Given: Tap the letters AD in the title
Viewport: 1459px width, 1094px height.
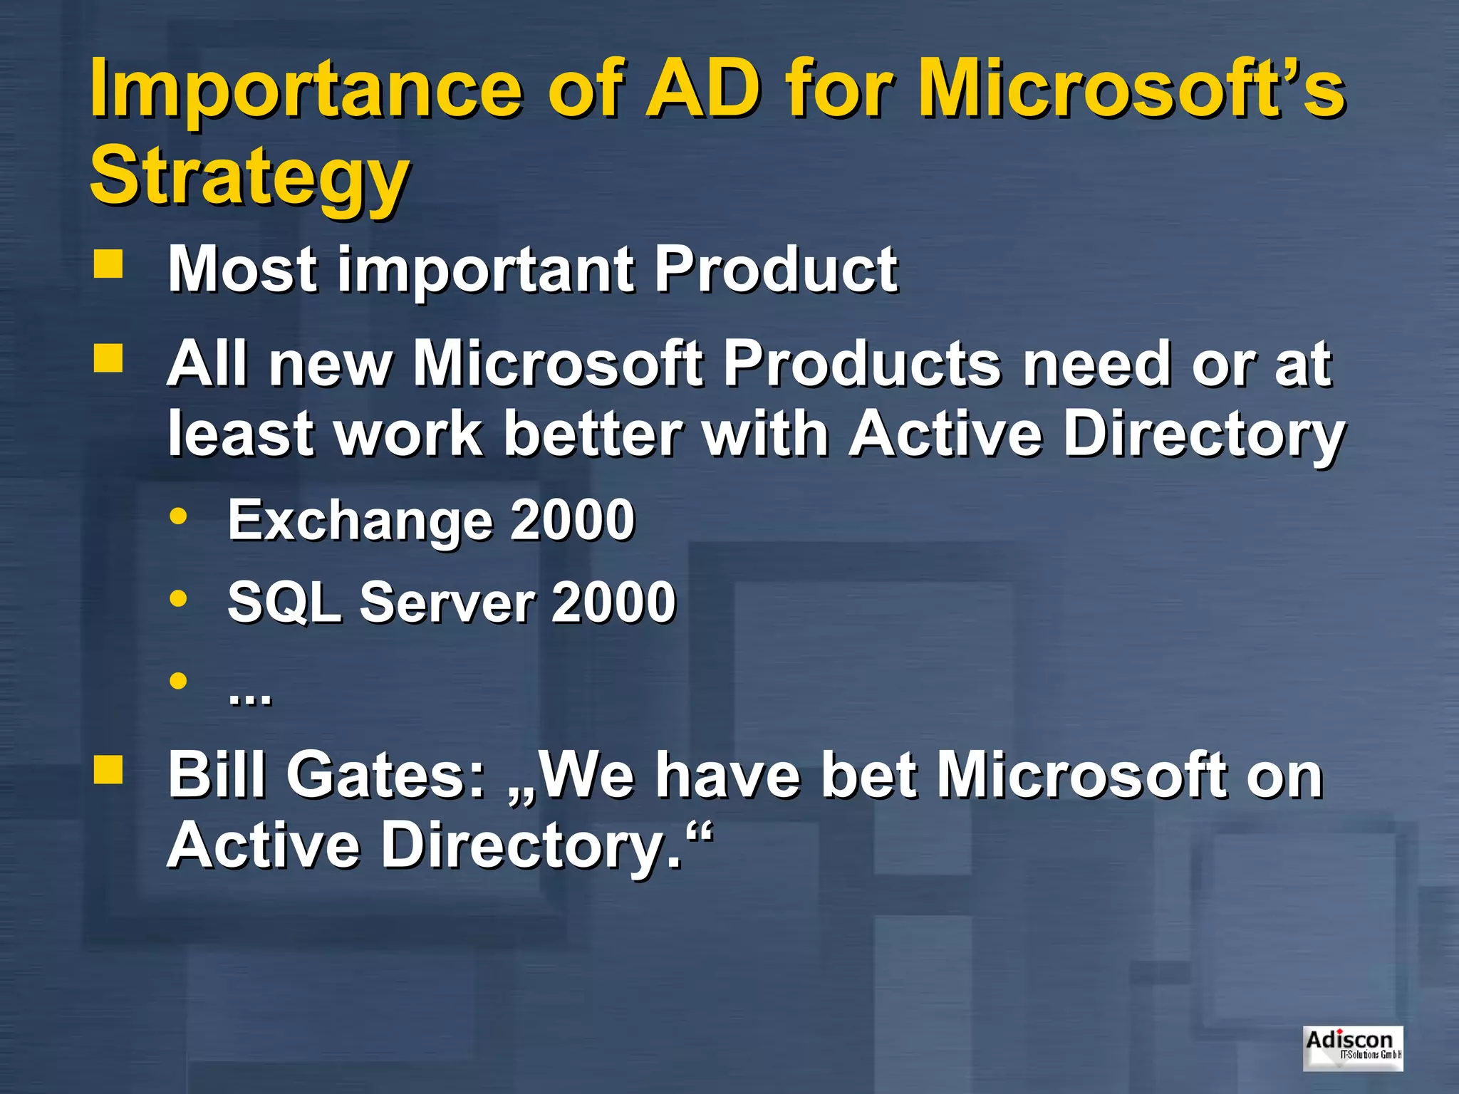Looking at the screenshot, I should [x=702, y=89].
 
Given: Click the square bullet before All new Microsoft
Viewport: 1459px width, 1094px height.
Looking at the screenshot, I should [x=108, y=358].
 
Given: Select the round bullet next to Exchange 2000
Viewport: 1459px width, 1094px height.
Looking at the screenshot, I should [x=178, y=516].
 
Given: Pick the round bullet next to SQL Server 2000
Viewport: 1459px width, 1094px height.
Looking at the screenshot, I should [x=178, y=598].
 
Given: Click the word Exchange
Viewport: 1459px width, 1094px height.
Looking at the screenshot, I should [x=360, y=521].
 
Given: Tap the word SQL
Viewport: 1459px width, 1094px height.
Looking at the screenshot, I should [x=284, y=603].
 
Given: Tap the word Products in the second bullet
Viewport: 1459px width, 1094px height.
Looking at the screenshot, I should [x=862, y=364].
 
